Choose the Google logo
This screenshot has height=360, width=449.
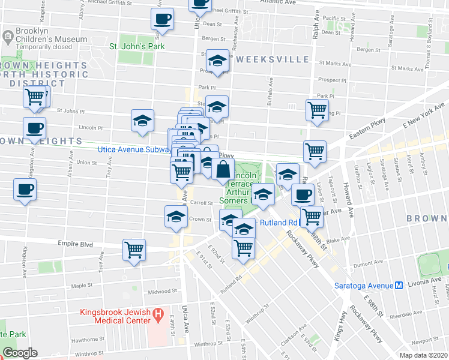[20, 353]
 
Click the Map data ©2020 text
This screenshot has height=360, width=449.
[423, 355]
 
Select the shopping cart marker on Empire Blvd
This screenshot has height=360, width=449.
[134, 249]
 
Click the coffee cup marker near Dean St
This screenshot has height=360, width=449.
[162, 19]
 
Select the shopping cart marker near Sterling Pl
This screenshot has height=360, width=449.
[316, 109]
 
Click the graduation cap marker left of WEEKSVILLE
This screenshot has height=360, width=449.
[217, 61]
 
